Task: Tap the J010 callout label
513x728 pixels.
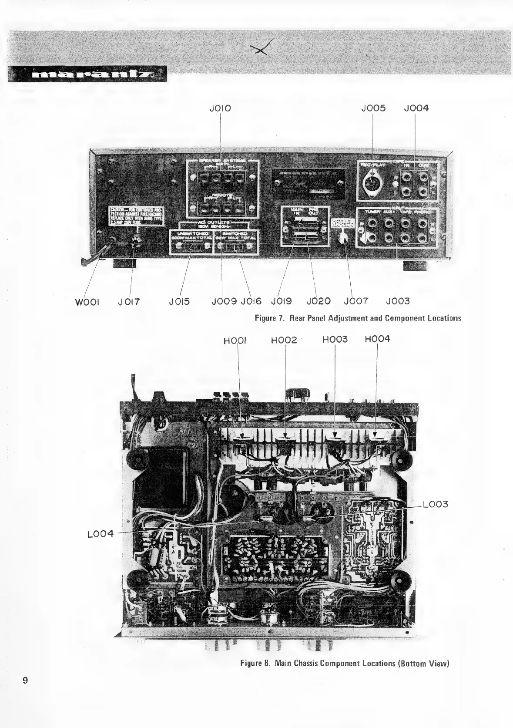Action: (x=220, y=108)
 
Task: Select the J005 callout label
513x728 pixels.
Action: (x=373, y=108)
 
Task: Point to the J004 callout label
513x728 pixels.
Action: (x=416, y=108)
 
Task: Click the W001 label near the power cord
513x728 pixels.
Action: (x=87, y=301)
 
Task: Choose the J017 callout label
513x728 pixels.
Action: (x=129, y=301)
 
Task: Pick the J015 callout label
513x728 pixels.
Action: (x=179, y=301)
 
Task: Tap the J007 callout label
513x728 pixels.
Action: (x=355, y=301)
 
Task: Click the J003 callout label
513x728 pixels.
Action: (x=398, y=301)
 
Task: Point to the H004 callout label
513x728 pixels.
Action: (x=378, y=339)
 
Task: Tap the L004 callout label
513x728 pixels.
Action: (x=101, y=534)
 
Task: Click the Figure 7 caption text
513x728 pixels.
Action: (x=358, y=318)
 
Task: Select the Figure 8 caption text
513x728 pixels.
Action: (x=345, y=663)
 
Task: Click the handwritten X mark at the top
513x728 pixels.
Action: (x=262, y=48)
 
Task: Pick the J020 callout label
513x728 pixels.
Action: (x=319, y=301)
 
